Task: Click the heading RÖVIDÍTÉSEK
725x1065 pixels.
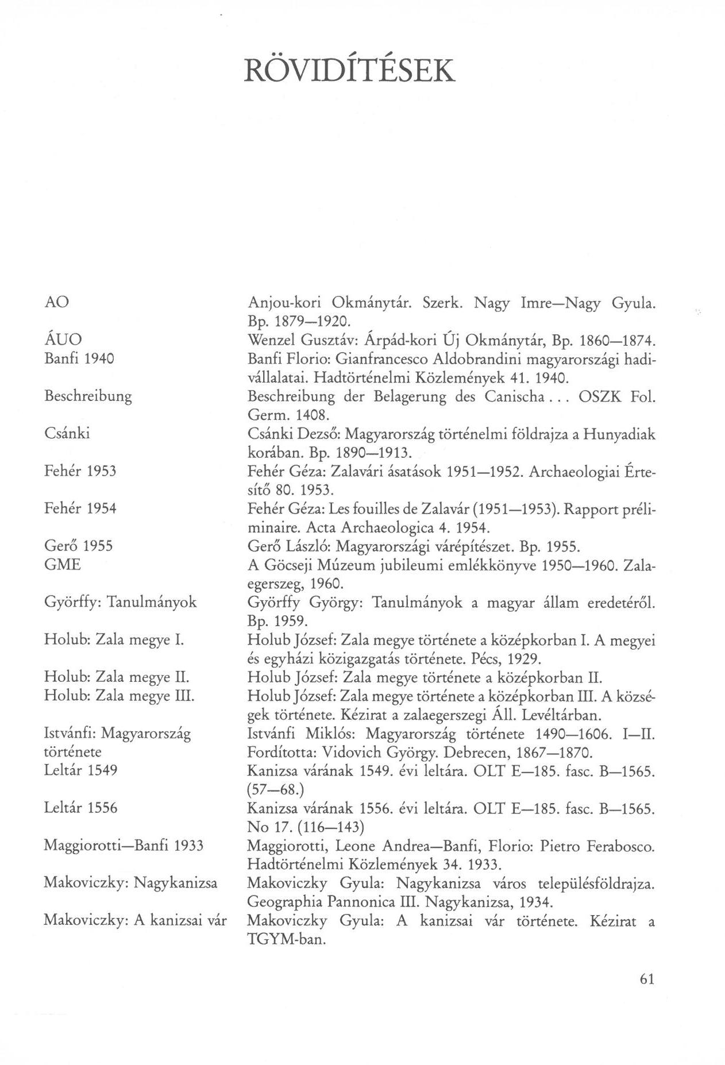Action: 349,70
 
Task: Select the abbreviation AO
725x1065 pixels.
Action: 56,302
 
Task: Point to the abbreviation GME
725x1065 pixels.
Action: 63,565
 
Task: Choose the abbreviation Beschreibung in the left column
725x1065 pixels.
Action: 88,396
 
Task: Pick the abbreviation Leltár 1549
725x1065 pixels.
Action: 80,770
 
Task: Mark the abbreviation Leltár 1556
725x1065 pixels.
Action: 80,808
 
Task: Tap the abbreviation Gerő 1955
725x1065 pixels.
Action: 78,546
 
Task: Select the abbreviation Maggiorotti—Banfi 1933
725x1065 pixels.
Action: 124,846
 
